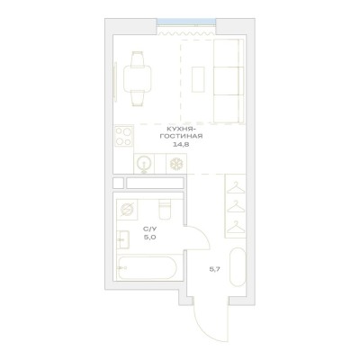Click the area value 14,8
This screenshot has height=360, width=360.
coord(180,144)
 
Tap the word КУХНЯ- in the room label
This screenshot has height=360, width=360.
coord(181,130)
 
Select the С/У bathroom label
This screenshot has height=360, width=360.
coord(149,229)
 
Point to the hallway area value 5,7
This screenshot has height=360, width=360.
coord(215,269)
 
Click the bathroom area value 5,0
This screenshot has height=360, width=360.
coord(149,238)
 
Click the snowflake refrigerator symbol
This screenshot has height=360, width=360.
coord(176,164)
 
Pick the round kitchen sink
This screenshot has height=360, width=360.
coord(144,164)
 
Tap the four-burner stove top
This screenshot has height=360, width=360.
coord(123,136)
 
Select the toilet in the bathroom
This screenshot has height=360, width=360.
coord(165,209)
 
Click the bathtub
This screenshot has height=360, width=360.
coord(148,267)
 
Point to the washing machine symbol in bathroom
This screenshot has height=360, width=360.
coord(127,209)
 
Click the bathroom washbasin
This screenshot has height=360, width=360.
coord(123,239)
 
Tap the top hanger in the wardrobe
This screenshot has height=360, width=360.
coord(236,188)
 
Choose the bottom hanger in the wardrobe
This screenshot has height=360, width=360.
coord(236,227)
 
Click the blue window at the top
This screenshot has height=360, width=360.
coord(186,22)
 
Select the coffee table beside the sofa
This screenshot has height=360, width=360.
coord(198,79)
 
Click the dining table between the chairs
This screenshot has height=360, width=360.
coord(138,80)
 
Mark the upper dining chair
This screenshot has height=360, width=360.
coord(138,58)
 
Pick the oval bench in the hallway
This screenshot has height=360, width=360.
coord(238,267)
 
